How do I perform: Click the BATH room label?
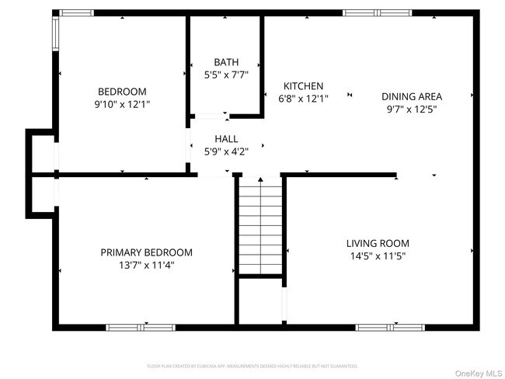226,62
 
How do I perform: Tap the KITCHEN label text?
303,86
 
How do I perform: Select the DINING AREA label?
411,96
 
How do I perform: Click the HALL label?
226,138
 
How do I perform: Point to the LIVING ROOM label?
377,243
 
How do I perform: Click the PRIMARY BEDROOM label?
146,252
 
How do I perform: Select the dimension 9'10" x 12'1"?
122,103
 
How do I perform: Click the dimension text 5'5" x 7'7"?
226,75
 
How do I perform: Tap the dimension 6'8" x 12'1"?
303,99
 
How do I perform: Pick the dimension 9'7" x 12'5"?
411,109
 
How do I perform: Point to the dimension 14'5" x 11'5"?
377,256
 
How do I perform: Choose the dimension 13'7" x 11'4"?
146,265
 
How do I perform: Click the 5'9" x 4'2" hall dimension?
226,151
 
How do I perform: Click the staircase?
260,225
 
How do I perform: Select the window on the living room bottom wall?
390,327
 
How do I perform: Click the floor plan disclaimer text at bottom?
252,365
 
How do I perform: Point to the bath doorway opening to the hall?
210,116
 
